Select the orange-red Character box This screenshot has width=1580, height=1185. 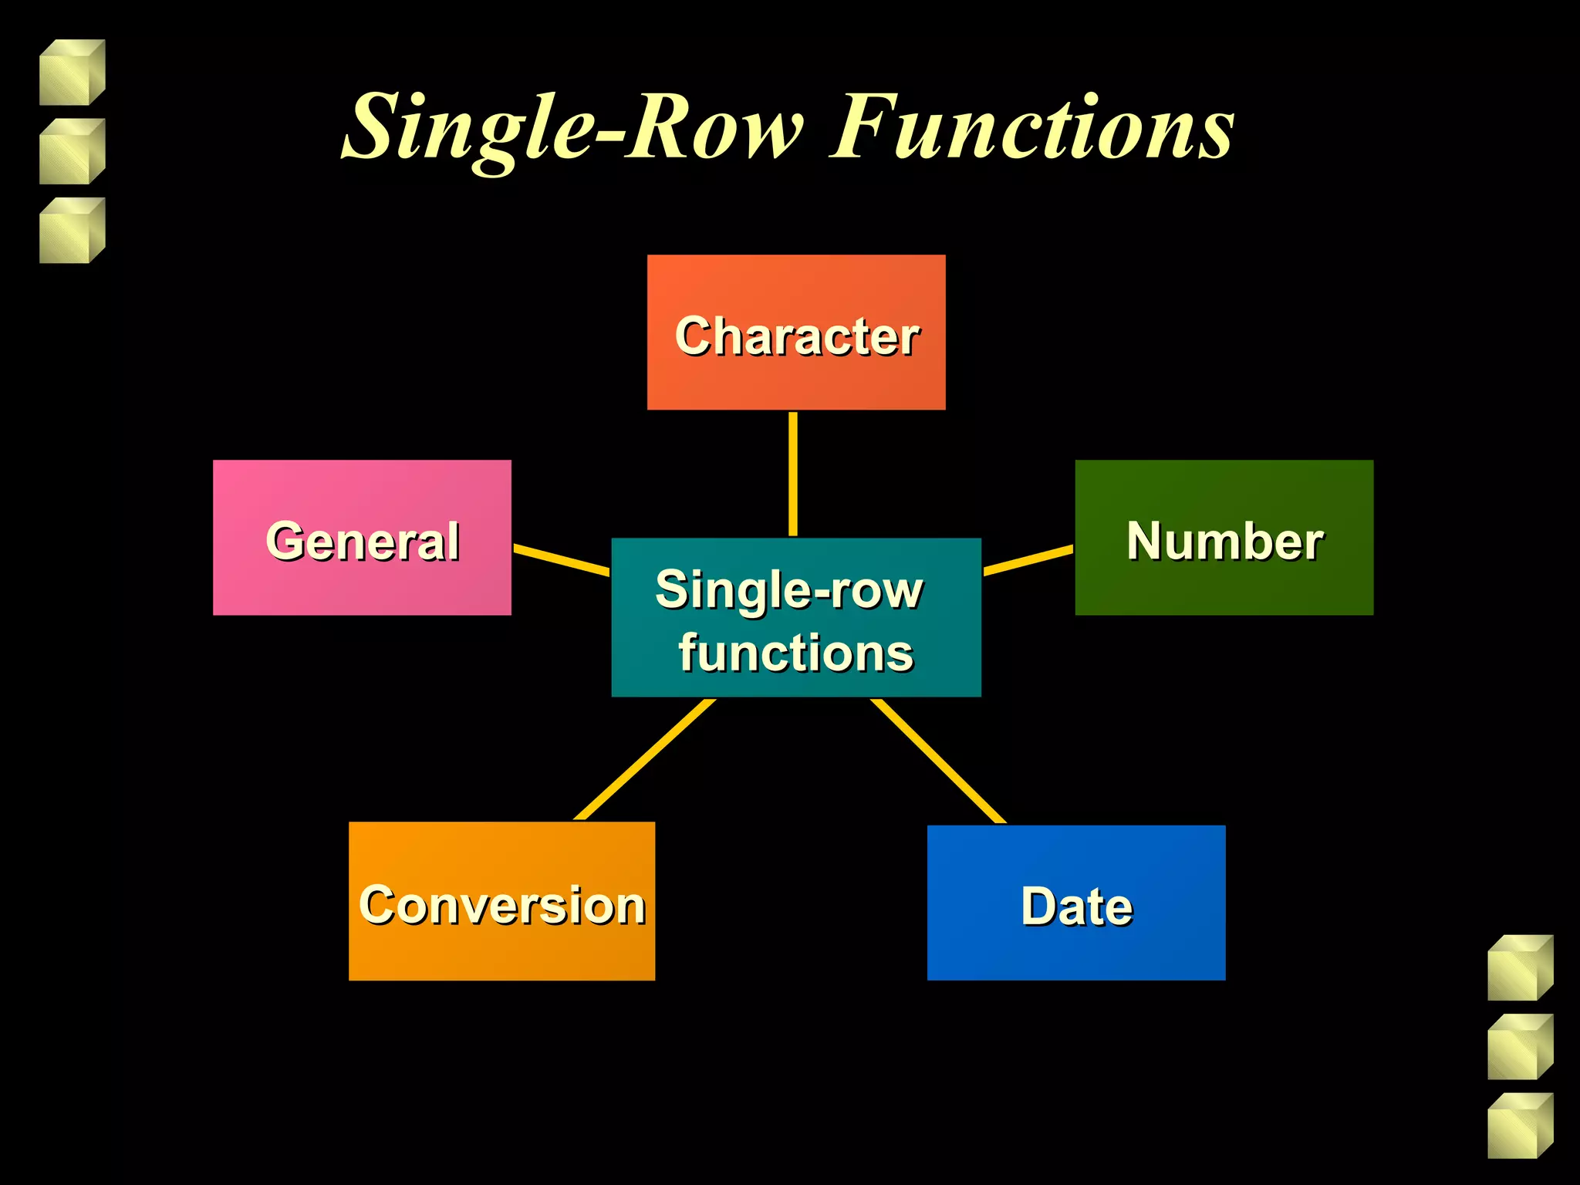coord(796,333)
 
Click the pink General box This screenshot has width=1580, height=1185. coord(362,538)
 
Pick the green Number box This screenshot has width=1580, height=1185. coord(1224,538)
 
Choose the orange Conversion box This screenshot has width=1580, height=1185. coord(501,901)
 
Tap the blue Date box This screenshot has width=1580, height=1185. coord(1075,903)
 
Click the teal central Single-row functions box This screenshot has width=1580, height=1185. coord(796,617)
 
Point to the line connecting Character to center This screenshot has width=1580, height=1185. coord(793,474)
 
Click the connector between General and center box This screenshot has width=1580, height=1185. coord(561,559)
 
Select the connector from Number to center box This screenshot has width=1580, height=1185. coord(1028,560)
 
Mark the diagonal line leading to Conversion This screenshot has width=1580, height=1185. coord(645,760)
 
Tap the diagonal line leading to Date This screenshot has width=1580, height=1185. coord(938,761)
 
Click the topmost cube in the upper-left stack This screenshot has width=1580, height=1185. coord(72,73)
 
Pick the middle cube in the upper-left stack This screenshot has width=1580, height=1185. coord(72,151)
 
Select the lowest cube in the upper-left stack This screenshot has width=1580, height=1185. coord(72,231)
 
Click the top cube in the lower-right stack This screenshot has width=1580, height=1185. coord(1520,967)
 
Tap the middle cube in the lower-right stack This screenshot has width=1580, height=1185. coord(1520,1047)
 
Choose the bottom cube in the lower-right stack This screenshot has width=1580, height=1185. coord(1520,1126)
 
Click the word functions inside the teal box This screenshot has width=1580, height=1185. coord(796,653)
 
